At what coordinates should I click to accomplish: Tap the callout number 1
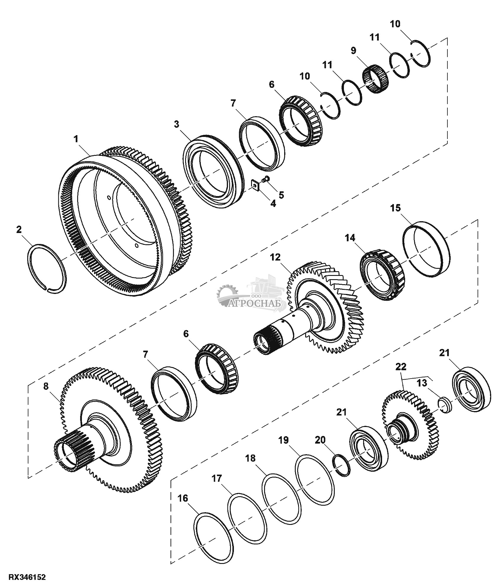pyautogui.click(x=77, y=139)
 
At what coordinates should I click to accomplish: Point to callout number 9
pyautogui.click(x=354, y=51)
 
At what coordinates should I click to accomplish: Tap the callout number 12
pyautogui.click(x=275, y=257)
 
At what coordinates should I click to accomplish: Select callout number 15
pyautogui.click(x=396, y=208)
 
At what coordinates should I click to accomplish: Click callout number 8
pyautogui.click(x=46, y=387)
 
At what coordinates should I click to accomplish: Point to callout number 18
pyautogui.click(x=250, y=459)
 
